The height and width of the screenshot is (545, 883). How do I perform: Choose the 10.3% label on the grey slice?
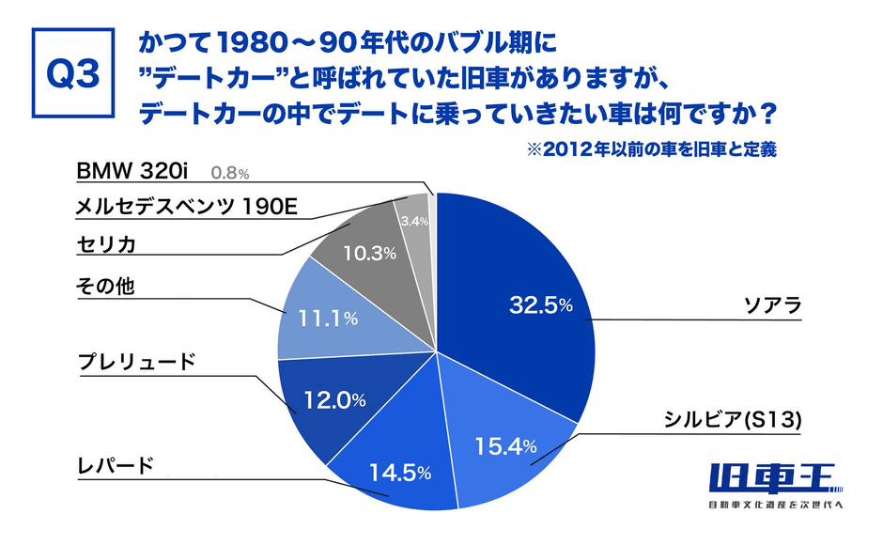[361, 252]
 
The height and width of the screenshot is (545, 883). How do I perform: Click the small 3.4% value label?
[413, 222]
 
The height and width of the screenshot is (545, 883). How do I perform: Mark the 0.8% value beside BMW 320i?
[230, 173]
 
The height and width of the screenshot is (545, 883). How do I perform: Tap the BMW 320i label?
[134, 171]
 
